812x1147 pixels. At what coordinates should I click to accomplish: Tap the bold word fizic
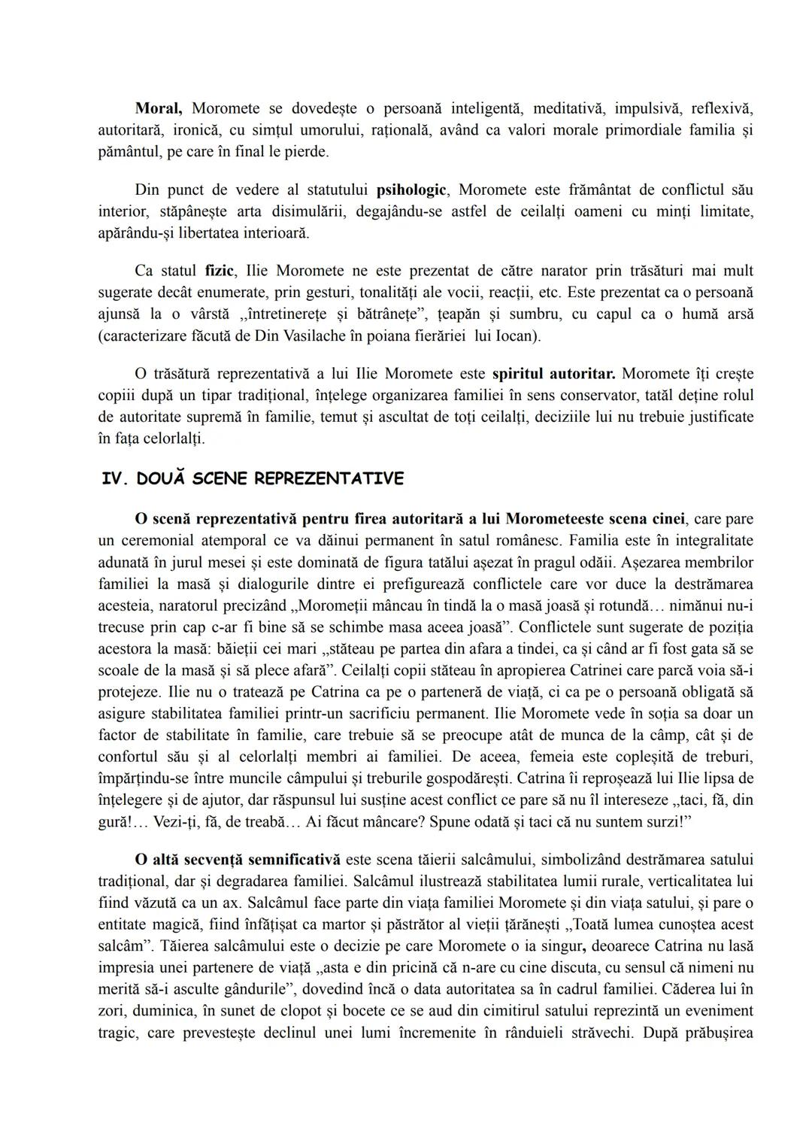click(220, 270)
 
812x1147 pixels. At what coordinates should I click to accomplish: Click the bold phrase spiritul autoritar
click(553, 374)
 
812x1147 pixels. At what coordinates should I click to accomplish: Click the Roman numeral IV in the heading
click(113, 478)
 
